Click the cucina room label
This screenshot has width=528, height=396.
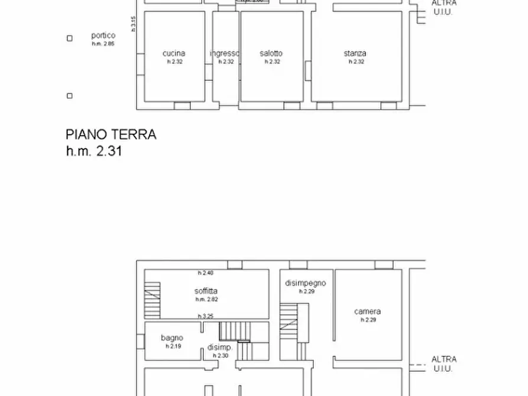pos(173,53)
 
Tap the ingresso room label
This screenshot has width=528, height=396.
pos(224,53)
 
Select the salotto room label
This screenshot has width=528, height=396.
pos(271,53)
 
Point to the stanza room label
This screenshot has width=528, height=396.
pos(355,53)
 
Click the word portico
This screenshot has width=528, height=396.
pos(103,35)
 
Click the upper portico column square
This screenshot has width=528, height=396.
pos(69,38)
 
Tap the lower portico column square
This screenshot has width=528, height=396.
pos(69,96)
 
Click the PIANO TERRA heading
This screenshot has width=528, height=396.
pos(111,135)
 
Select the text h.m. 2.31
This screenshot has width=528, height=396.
pos(94,151)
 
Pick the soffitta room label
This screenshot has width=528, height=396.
pos(206,291)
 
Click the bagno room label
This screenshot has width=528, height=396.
pos(172,338)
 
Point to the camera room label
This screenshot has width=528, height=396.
pos(367,311)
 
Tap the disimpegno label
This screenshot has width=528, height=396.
pos(305,283)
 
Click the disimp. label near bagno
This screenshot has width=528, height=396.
pos(220,348)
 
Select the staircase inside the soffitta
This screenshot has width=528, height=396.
pos(152,300)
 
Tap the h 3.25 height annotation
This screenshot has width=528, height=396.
pos(205,316)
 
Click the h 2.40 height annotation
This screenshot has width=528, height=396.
pos(205,272)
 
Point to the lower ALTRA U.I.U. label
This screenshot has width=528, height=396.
pos(443,363)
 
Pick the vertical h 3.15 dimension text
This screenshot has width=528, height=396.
pos(134,24)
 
